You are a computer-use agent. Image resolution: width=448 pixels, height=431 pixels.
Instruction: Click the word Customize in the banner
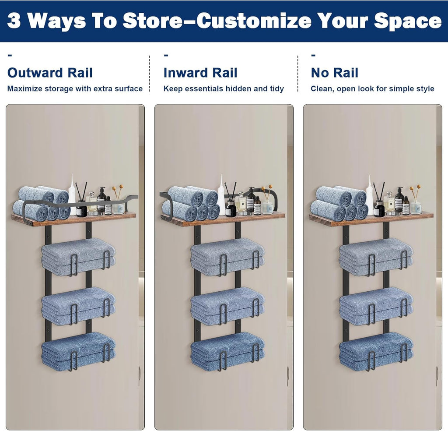[x=254, y=21]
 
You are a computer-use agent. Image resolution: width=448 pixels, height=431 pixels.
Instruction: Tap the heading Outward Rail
[x=50, y=73]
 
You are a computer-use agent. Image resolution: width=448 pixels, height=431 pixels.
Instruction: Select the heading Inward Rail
[x=200, y=73]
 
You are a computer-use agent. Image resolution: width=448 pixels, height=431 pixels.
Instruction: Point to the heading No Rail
[x=334, y=73]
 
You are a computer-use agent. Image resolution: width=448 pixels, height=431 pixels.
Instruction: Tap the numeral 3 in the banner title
[x=14, y=21]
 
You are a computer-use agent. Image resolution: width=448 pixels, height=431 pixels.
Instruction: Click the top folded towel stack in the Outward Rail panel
[x=79, y=257]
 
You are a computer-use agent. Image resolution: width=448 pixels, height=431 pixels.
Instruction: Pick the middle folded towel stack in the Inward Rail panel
[x=227, y=306]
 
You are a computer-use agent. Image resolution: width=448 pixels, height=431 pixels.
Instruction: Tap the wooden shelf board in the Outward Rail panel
[x=73, y=219]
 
